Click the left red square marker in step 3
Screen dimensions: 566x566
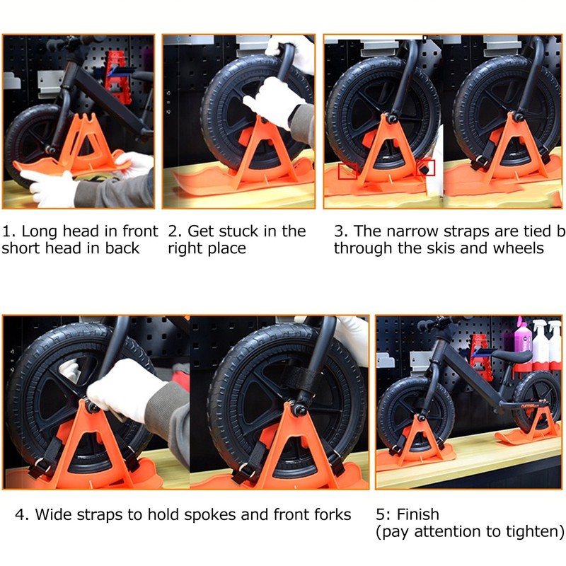tap(347, 171)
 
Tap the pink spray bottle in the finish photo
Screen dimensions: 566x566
tap(523, 339)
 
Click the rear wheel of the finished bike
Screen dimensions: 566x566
tap(536, 400)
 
